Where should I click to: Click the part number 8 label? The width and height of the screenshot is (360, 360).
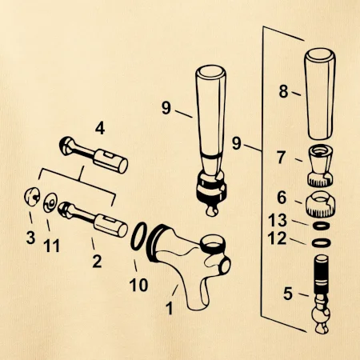click(283, 91)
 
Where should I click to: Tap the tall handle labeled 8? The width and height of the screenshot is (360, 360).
click(320, 94)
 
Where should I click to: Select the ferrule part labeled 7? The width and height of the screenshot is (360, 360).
click(321, 166)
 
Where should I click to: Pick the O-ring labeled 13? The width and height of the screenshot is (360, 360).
click(321, 226)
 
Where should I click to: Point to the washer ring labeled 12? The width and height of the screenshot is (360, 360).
click(322, 243)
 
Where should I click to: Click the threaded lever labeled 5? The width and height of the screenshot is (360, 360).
click(321, 294)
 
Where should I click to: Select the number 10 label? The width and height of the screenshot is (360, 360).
click(138, 285)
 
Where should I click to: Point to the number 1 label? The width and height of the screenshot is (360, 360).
click(170, 308)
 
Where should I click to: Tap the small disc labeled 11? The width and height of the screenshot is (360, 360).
click(50, 202)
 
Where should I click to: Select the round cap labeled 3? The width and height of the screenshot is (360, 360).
click(32, 197)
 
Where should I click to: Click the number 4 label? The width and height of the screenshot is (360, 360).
click(100, 129)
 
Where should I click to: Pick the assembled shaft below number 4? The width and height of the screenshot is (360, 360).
click(94, 154)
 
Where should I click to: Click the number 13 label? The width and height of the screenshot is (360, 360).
click(278, 221)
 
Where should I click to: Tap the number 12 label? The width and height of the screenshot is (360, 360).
click(277, 238)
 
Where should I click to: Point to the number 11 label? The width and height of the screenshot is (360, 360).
click(51, 246)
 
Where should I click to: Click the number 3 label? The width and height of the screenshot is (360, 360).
click(30, 238)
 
